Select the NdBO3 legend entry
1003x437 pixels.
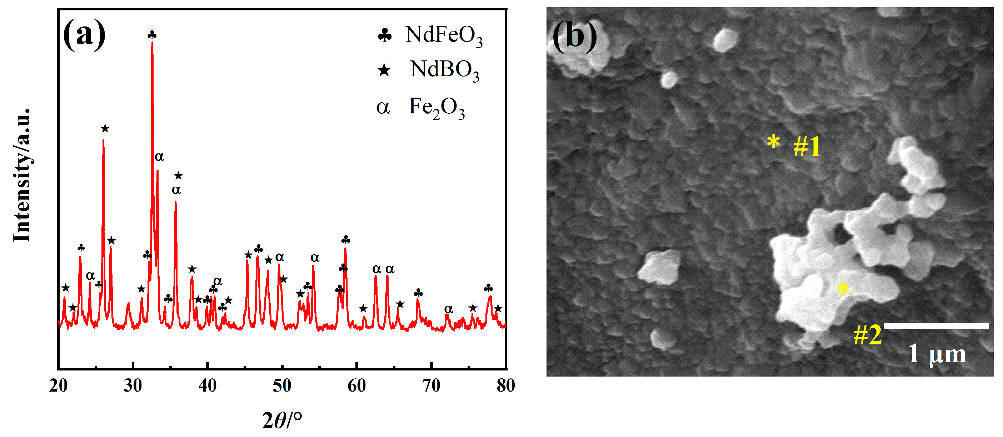point(428,70)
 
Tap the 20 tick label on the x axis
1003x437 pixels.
point(59,386)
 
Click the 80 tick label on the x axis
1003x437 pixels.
point(506,386)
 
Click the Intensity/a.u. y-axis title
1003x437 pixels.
point(22,176)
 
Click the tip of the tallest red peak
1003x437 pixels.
point(152,42)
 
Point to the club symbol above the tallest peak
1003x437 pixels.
point(152,35)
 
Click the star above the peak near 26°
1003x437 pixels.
point(105,129)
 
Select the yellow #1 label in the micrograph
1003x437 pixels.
point(807,147)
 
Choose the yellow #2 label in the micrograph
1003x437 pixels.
point(868,335)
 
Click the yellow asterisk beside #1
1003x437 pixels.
point(773,142)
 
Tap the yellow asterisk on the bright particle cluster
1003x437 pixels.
point(843,289)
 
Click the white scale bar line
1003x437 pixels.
point(937,326)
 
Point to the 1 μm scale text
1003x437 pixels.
point(937,354)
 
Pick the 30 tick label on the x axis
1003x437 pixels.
point(133,386)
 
